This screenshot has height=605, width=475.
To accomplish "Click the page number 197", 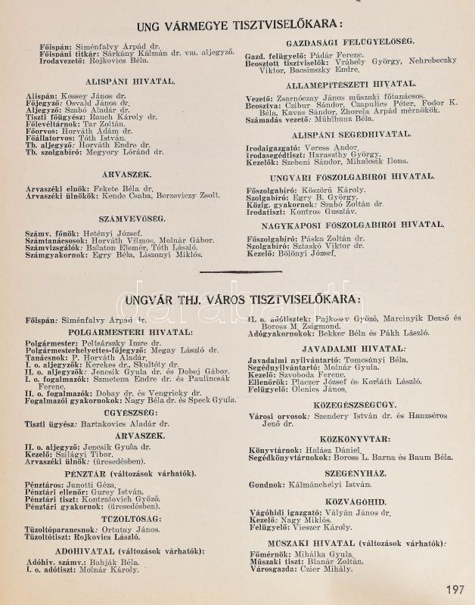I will tap(455, 590).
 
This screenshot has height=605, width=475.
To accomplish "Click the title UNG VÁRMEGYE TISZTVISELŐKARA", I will tap(238, 26).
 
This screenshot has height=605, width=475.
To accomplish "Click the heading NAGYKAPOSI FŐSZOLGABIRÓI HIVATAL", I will tap(348, 224).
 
